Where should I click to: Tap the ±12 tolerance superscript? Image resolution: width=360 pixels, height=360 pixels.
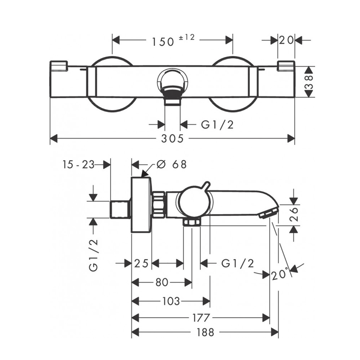coord(187,37)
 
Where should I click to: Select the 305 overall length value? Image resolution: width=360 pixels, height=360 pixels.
coord(172,139)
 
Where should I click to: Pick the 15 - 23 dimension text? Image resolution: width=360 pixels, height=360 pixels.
coord(79,165)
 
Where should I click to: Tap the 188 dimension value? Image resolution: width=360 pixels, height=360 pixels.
coord(205,333)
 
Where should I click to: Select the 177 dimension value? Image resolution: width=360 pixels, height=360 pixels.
coord(201,318)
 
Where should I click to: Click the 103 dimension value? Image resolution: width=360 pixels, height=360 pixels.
coord(171,301)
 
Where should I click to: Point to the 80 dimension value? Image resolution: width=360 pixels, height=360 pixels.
coord(162,282)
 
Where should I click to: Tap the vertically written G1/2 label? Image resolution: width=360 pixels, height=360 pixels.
coord(93,255)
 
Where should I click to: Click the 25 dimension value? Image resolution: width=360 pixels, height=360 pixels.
coord(141,264)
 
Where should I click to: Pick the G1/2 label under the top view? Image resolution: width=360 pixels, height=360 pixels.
coord(217,125)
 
